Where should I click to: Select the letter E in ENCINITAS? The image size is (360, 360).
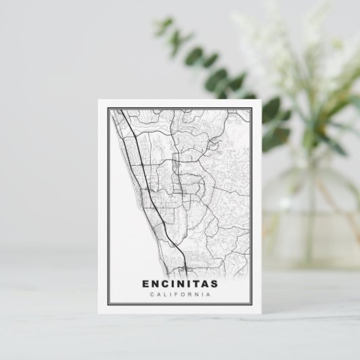pos(147,285)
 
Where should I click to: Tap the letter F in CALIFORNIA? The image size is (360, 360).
pos(173,295)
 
